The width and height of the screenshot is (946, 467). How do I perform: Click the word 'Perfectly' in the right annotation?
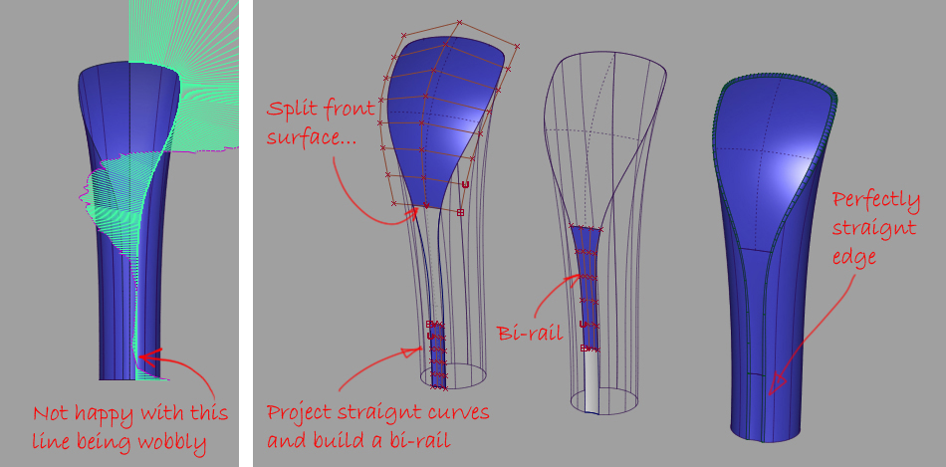click(876, 200)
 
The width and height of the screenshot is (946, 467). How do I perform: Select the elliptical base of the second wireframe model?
click(453, 376)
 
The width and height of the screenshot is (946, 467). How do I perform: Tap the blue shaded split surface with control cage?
click(438, 110)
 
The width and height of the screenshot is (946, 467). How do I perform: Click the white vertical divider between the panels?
click(246, 233)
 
